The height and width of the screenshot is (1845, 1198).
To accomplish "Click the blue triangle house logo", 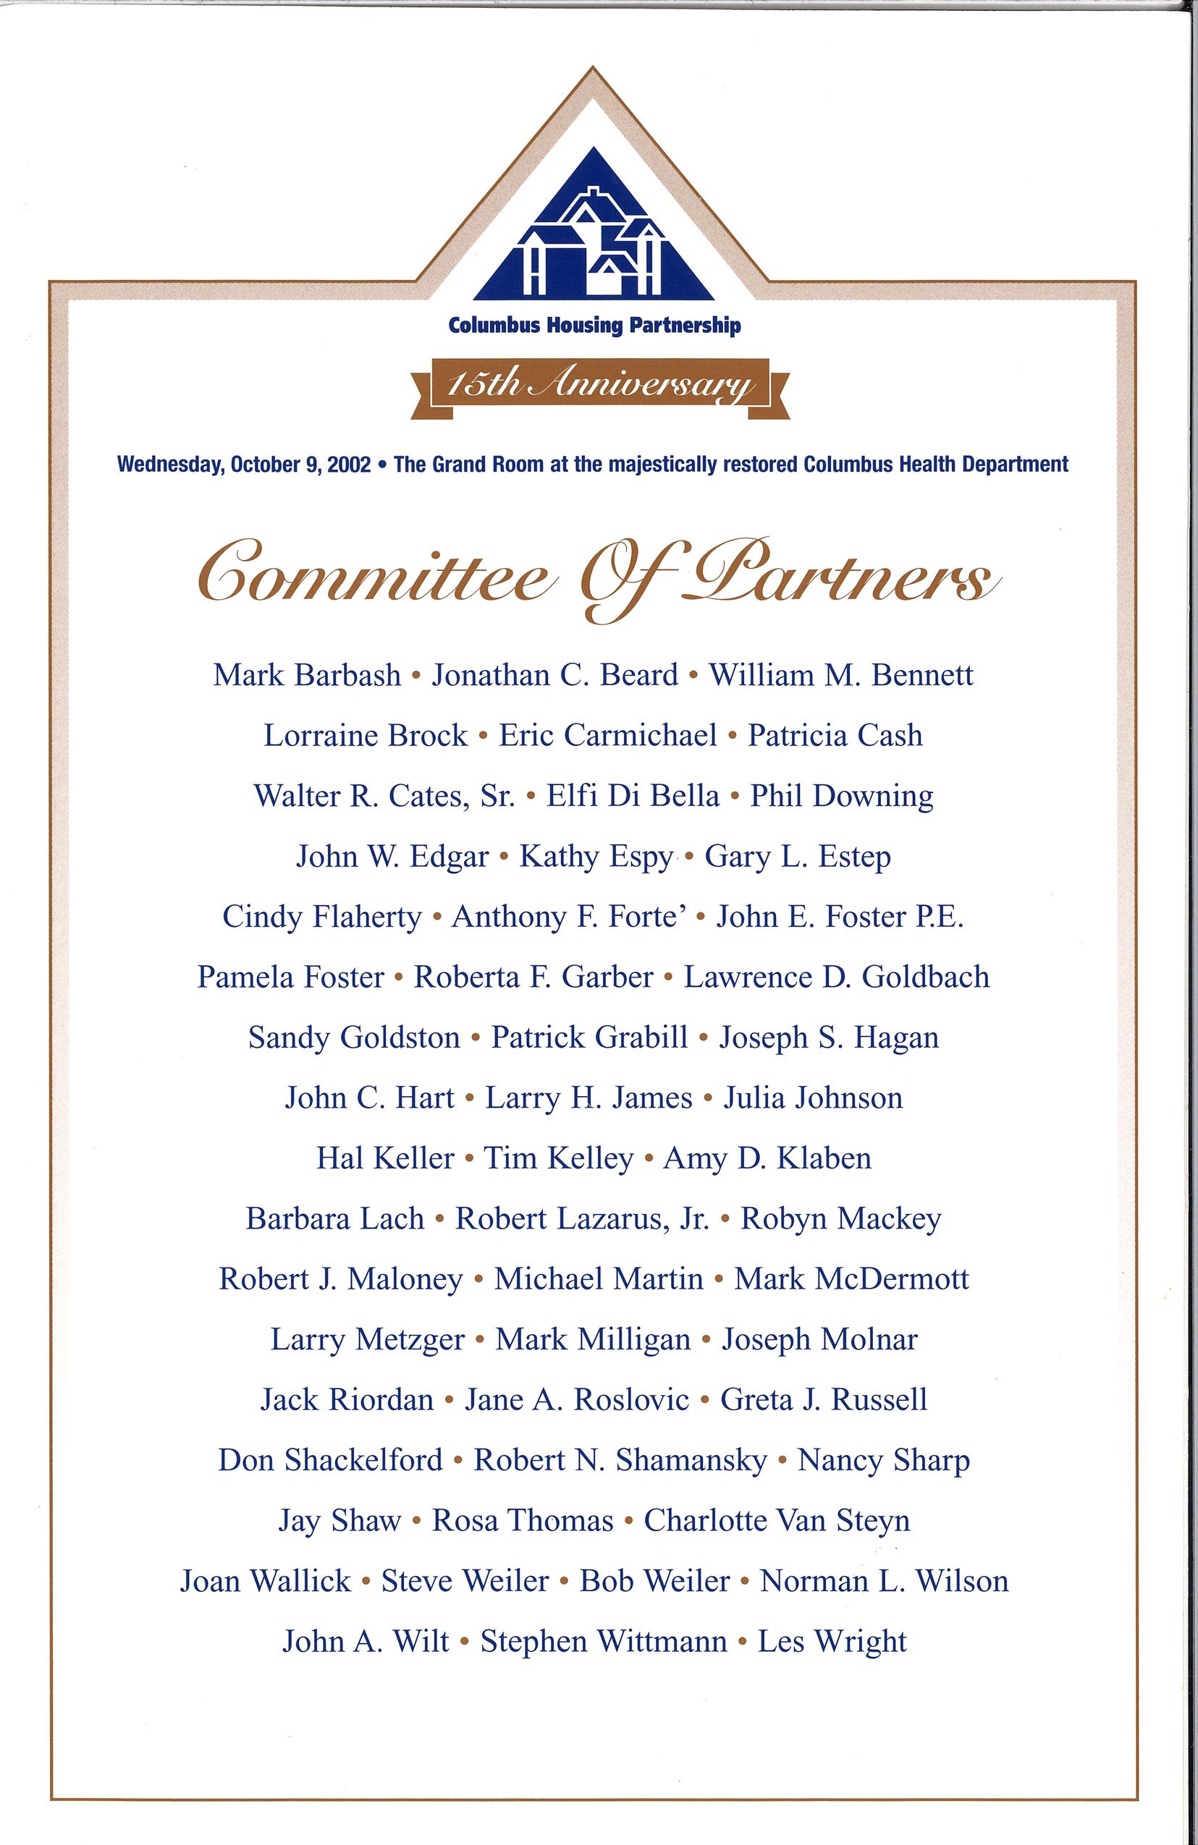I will point(594,232).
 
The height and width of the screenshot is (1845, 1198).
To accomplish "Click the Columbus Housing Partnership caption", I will point(595,326).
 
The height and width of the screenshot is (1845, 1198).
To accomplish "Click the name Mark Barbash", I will point(307,675).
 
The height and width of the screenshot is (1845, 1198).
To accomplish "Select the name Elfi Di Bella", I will point(633,796).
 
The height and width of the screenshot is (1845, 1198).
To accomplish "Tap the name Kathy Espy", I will point(596,857).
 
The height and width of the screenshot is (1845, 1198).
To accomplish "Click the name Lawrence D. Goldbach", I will point(836,977).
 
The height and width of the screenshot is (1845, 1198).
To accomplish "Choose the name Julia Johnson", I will point(813,1098).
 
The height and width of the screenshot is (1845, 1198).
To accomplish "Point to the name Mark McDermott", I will point(851,1279).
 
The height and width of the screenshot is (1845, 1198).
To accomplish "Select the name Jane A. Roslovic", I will point(576,1400).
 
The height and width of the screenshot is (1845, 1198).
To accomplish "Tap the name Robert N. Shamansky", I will point(620,1461).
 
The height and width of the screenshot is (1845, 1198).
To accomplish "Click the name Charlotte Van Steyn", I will point(776,1521).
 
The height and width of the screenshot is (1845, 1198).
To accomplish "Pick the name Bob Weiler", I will point(654,1582).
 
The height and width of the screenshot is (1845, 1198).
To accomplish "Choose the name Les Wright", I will point(832,1642).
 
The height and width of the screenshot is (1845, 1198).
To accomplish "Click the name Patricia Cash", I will point(835,736).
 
